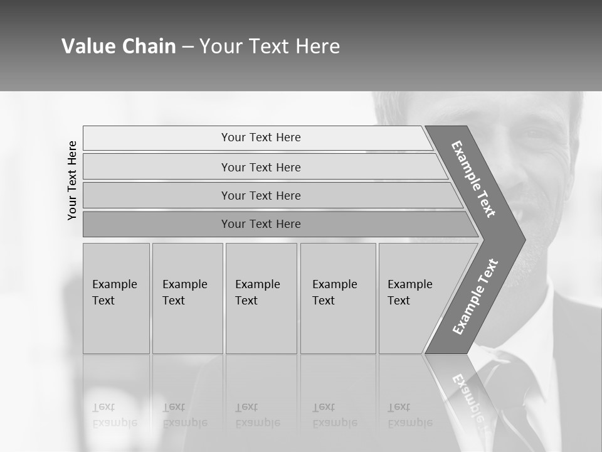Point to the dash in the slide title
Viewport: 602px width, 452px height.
point(187,47)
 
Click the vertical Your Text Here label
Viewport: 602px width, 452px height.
point(72,180)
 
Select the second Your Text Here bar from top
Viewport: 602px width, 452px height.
point(261,167)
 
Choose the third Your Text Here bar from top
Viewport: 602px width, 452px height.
point(261,195)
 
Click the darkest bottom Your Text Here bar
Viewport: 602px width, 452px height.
point(261,224)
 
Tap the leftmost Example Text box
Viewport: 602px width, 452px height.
point(116,298)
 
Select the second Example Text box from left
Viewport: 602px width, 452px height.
point(187,298)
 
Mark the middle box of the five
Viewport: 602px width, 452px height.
point(261,298)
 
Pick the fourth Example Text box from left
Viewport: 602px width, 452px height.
point(338,298)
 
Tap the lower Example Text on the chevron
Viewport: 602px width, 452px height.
point(475,296)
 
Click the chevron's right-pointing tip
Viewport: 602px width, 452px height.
point(522,239)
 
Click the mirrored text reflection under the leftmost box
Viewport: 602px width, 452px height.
point(115,415)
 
